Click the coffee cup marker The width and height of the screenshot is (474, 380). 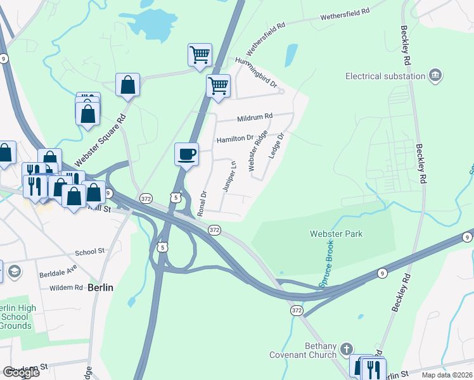tap(186, 154)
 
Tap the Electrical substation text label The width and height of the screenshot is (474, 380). tap(385, 76)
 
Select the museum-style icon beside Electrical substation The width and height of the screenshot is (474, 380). tap(435, 75)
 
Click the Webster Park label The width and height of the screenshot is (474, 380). tap(336, 234)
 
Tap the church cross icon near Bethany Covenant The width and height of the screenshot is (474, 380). tap(346, 349)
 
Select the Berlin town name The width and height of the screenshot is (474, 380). tap(100, 287)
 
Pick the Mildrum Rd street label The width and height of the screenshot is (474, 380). tap(254, 117)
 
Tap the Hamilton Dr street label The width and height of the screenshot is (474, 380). tap(234, 138)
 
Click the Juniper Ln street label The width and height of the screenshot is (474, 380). tap(229, 175)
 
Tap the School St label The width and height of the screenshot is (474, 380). tap(89, 251)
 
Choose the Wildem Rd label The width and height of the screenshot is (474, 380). tap(70, 287)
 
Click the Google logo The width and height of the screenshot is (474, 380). tap(21, 372)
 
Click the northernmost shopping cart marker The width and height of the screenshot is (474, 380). tap(200, 54)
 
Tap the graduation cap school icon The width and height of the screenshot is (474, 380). tap(13, 272)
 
